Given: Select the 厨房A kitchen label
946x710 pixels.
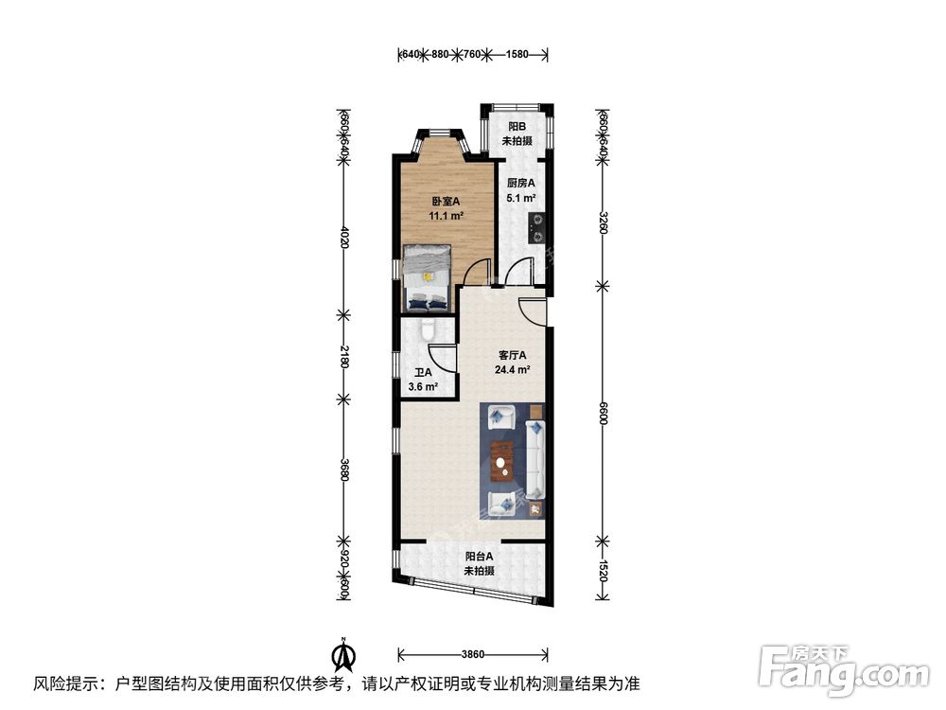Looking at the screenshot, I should click(521, 184).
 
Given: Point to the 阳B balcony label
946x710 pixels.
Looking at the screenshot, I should click(517, 127).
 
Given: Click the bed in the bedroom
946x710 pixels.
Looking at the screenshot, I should click(428, 276).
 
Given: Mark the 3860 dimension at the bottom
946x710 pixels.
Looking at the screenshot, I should click(473, 654).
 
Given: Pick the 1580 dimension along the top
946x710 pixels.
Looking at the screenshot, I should click(517, 55).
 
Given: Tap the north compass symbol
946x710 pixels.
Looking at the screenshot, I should click(342, 653).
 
